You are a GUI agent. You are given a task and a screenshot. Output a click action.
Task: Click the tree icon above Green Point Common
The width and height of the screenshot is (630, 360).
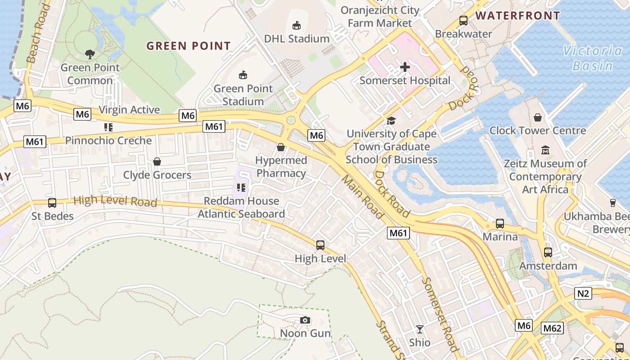90,54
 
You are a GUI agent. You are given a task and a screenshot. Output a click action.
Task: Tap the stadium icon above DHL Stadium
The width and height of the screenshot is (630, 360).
297,25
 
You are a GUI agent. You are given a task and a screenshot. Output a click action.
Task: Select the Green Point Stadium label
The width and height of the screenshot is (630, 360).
243,95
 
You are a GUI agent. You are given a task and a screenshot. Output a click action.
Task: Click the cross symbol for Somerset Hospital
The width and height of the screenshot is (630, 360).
405,67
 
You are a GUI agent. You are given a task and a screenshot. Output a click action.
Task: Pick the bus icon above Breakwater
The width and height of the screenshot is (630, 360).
463,20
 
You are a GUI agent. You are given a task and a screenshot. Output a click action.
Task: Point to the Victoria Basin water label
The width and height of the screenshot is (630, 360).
593,58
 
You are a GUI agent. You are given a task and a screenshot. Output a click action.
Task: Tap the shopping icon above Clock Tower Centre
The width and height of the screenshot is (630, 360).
538,117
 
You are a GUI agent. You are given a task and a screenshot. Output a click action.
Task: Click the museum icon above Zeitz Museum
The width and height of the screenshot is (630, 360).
545,150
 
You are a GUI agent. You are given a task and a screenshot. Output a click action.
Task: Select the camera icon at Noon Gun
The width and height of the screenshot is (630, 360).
305,320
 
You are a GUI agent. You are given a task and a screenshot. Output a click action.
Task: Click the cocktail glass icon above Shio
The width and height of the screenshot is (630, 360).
419,329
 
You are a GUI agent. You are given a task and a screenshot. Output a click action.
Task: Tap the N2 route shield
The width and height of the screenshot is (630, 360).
583,294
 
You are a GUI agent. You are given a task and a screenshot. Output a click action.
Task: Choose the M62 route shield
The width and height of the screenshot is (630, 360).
552,328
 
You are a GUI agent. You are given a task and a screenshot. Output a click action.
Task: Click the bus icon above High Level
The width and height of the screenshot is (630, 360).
320,245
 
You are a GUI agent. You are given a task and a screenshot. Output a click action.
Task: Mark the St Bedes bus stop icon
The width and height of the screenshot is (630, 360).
52,203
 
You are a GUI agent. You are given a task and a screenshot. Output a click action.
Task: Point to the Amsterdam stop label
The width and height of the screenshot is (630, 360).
548,266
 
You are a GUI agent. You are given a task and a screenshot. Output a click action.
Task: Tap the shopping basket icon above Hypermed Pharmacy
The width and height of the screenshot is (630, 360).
281,147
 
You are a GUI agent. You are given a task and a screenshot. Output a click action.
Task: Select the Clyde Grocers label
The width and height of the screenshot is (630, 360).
157,175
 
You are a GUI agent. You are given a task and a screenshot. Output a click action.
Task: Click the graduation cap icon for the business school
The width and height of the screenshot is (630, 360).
391,121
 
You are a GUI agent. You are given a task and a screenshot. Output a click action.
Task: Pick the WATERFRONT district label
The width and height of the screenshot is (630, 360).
517,16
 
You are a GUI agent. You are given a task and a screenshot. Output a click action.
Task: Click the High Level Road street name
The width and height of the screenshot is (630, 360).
115,201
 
